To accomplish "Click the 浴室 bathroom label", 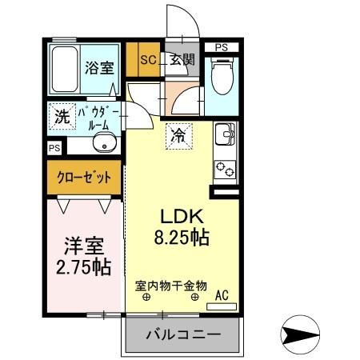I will pyautogui.click(x=100, y=69).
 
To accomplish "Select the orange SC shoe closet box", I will pyautogui.click(x=148, y=58).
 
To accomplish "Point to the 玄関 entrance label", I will pyautogui.click(x=182, y=58).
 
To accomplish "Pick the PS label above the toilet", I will pyautogui.click(x=221, y=47).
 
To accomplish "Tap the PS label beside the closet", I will pyautogui.click(x=54, y=148).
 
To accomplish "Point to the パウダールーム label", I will pyautogui.click(x=98, y=118).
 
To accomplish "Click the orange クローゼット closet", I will pyautogui.click(x=83, y=177).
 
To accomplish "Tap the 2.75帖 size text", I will pyautogui.click(x=84, y=267).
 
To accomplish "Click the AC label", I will pyautogui.click(x=222, y=296).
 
